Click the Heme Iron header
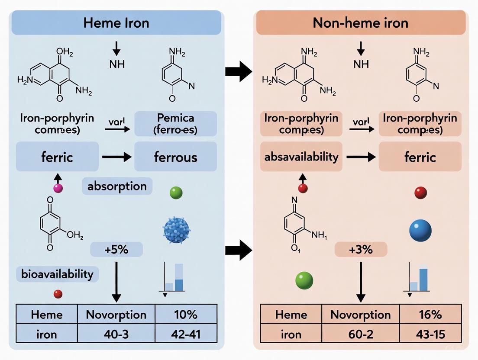[x=116, y=23]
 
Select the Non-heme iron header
[x=360, y=23]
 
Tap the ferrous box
[x=175, y=156]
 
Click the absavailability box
[x=301, y=156]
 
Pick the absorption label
[x=117, y=186]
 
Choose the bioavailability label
[x=58, y=273]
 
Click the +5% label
[x=116, y=250]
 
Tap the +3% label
[x=361, y=250]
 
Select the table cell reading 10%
[x=186, y=315]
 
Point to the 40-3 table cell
[x=116, y=334]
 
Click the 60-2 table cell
[x=361, y=334]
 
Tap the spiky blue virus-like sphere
[x=177, y=230]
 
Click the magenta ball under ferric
[x=58, y=188]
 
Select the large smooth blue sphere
[x=420, y=230]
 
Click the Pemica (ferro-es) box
[x=175, y=123]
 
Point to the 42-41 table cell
[x=186, y=334]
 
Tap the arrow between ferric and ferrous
[x=116, y=157]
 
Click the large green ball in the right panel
[x=304, y=280]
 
